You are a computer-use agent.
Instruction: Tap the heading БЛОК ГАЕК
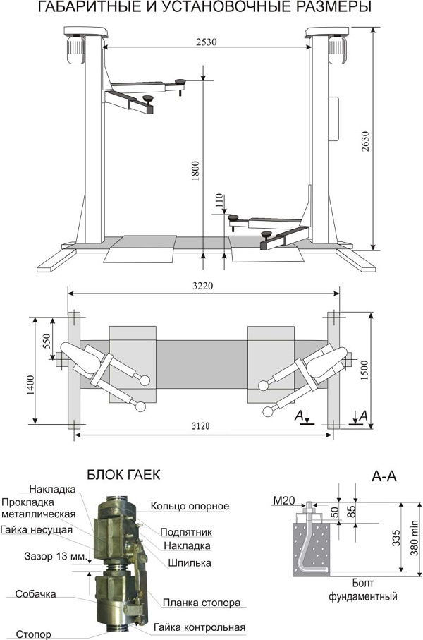(123, 475)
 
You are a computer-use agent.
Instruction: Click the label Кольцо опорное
(189, 506)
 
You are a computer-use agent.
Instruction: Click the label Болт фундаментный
(363, 591)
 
